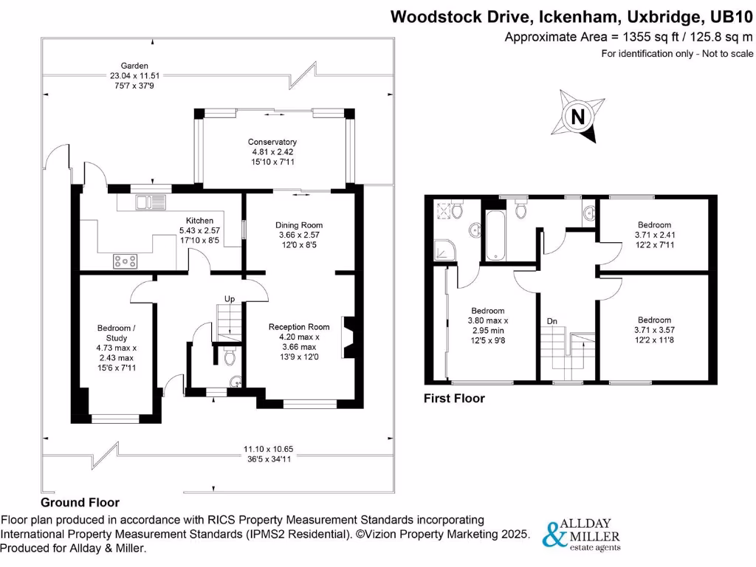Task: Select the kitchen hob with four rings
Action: tap(124, 260)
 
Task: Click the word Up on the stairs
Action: tap(230, 300)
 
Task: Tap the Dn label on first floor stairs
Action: tap(551, 321)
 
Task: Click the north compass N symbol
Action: tap(578, 117)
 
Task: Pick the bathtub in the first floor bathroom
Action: tap(495, 234)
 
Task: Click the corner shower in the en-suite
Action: tap(446, 251)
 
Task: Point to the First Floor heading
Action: tap(454, 399)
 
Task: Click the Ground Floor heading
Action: tap(80, 502)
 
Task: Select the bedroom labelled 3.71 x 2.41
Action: tap(654, 235)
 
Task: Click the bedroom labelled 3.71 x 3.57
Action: tap(654, 330)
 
